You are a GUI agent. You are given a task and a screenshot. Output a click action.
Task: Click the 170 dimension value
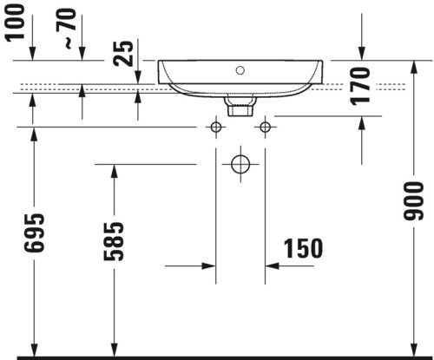362,87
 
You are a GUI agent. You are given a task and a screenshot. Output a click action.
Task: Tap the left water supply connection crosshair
215,128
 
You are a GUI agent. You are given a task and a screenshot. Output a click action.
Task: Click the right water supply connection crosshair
263,128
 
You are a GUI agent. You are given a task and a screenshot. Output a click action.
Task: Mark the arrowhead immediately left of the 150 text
270,266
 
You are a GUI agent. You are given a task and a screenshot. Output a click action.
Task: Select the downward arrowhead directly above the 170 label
362,54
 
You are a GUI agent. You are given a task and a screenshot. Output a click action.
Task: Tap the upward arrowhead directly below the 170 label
362,121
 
